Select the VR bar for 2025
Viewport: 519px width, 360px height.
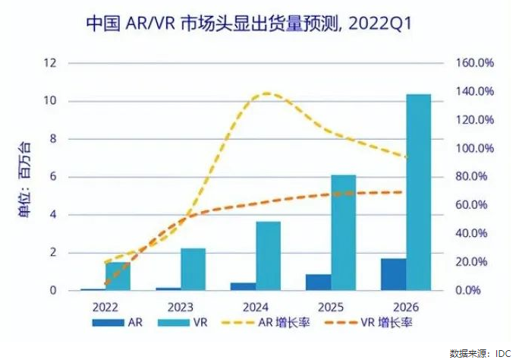[x=343, y=232]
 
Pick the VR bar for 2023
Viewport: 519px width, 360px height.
[x=193, y=269]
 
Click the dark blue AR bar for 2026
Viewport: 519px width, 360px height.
[x=393, y=274]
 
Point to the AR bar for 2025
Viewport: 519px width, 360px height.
[x=318, y=282]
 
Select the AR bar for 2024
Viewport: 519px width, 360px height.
[x=243, y=286]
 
